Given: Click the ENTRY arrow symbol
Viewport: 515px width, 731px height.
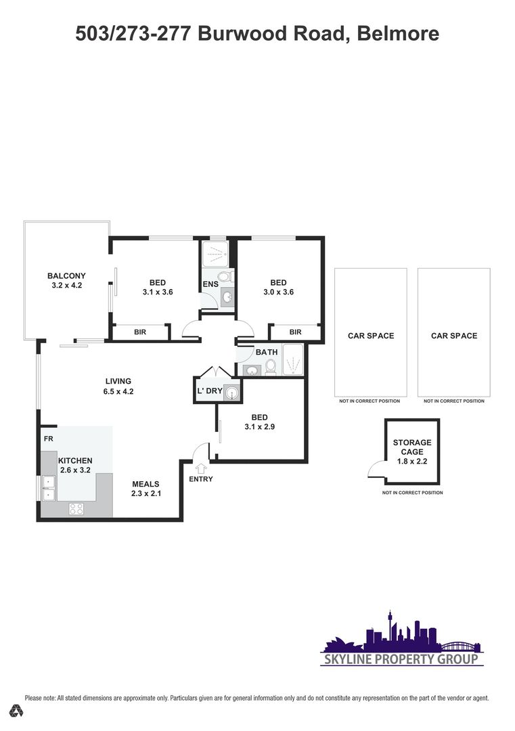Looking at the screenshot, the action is [201, 468].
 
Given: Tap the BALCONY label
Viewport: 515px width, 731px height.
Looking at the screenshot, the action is [66, 275].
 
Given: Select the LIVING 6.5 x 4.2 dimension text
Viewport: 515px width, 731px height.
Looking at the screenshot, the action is [118, 392].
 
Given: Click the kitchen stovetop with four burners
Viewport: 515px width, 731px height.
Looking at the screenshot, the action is [76, 508].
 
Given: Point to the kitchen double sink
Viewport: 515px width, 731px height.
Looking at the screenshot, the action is [49, 488].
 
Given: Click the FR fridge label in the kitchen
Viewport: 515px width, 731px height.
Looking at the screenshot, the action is [49, 439].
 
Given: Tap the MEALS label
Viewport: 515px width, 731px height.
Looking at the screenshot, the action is [145, 484].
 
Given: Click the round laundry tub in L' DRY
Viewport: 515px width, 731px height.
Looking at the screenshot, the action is [231, 393].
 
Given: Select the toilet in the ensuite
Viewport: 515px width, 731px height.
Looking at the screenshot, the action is [225, 276].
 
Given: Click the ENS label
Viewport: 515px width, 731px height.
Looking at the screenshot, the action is [210, 284].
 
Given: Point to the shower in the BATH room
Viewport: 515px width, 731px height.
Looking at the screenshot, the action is [293, 359].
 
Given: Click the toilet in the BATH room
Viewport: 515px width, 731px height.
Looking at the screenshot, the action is [271, 366].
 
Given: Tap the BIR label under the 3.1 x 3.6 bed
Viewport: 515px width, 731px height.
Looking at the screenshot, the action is [140, 332].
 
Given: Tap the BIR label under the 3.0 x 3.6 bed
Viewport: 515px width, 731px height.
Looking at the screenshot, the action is [296, 332].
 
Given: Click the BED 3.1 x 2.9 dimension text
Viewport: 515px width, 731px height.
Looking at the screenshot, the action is [260, 426].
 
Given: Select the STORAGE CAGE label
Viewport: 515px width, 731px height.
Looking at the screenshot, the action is [412, 447].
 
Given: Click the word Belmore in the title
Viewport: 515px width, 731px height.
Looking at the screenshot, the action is [398, 34].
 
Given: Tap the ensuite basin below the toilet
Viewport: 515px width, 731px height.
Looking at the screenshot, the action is [227, 296].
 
